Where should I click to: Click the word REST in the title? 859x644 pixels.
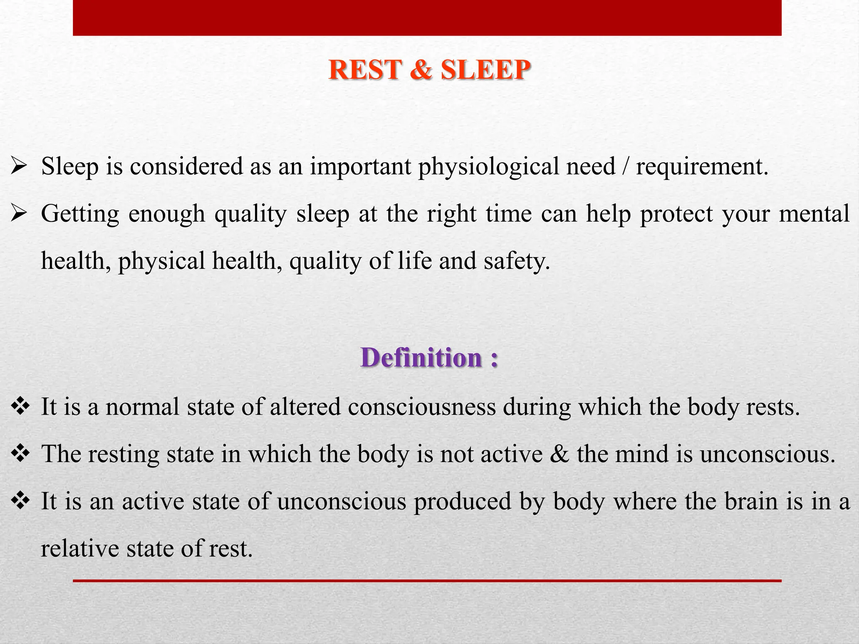click(365, 70)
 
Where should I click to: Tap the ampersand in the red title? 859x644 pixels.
click(421, 70)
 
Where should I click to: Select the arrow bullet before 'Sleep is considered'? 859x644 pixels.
click(19, 167)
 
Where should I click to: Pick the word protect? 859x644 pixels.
click(676, 214)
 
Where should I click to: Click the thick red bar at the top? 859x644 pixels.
click(427, 18)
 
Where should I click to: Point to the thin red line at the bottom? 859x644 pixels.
click(427, 581)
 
